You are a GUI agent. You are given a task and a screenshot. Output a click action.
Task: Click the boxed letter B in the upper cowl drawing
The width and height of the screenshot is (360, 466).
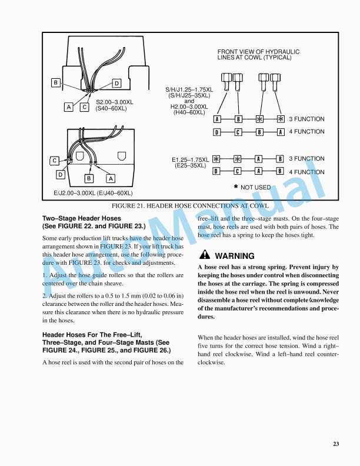pos(56,83)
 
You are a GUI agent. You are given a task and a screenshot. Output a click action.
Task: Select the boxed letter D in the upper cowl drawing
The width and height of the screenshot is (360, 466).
pos(116,84)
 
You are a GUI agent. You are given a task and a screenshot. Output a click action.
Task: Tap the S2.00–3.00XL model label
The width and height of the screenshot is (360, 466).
pos(115,102)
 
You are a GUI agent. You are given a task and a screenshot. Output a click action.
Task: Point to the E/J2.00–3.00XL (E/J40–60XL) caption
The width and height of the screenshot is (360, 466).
pos(93,192)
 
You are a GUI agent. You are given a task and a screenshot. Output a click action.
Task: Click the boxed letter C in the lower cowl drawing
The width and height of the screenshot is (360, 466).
pos(54,160)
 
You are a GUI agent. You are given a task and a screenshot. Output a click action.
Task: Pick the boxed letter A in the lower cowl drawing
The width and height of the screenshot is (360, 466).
pos(110,178)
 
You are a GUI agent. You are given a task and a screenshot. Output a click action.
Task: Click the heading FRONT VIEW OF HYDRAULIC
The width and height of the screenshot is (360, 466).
pos(258,52)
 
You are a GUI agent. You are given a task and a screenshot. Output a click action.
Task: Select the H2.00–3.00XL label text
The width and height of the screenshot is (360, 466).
pos(189,106)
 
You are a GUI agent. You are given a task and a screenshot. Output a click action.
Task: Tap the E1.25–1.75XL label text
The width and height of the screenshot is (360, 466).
pos(190,159)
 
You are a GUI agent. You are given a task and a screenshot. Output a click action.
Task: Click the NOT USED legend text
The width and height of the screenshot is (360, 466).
pos(255,187)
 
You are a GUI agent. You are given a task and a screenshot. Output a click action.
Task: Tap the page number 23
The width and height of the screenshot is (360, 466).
pos(336,444)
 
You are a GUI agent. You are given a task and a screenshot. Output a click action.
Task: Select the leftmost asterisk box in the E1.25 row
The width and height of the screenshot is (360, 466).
pos(217,159)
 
